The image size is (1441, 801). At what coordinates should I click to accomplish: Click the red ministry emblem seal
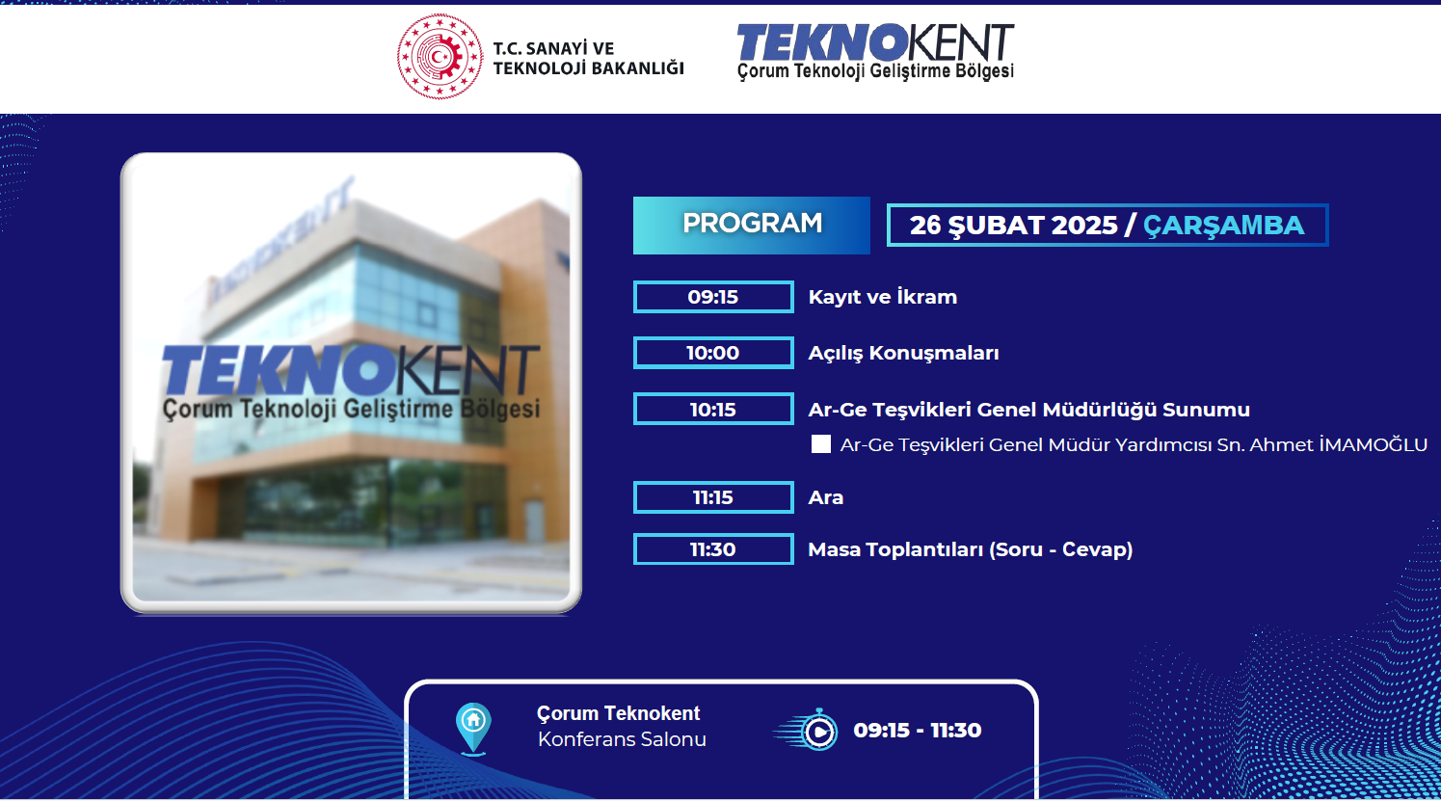tap(440, 57)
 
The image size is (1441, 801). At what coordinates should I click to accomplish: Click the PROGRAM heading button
tap(752, 226)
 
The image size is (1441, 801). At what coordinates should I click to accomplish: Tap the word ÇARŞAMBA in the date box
tap(1223, 226)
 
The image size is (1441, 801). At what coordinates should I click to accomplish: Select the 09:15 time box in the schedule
tap(713, 297)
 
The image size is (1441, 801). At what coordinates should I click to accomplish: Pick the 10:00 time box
tap(713, 353)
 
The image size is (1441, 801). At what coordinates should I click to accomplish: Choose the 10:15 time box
tap(713, 410)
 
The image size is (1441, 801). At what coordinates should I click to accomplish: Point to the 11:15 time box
tap(713, 497)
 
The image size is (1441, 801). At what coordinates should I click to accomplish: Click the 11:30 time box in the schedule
tap(713, 549)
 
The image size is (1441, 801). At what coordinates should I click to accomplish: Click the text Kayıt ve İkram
tap(883, 297)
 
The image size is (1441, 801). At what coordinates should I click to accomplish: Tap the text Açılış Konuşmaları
tap(903, 353)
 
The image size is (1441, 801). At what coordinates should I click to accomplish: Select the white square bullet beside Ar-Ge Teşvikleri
tap(821, 444)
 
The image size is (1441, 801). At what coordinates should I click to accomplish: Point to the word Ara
tap(825, 497)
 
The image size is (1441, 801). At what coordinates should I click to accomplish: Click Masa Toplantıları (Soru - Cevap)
tap(970, 549)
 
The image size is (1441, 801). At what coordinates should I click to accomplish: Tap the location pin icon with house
tap(473, 729)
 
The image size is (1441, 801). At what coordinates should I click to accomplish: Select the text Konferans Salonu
tap(622, 739)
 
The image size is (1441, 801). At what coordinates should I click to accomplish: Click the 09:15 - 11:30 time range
tap(918, 731)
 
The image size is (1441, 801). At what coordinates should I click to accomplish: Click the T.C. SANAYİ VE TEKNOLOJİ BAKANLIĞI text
tap(588, 58)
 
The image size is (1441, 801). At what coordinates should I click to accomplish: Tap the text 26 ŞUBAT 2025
tap(1013, 226)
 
